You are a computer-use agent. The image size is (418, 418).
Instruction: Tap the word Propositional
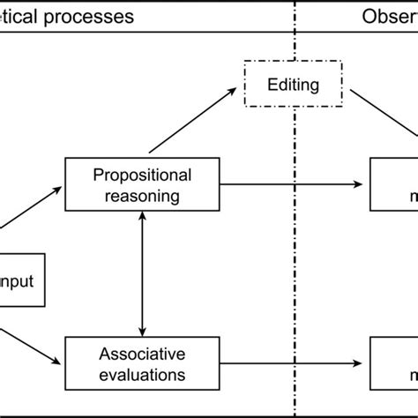tap(142, 174)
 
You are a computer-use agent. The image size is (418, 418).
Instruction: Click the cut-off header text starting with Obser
tap(388, 17)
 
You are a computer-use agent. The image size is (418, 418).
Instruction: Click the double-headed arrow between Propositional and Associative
tap(142, 273)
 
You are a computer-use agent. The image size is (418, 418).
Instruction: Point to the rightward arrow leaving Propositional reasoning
tap(291, 183)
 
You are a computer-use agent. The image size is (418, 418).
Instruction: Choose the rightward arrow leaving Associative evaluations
tap(291, 363)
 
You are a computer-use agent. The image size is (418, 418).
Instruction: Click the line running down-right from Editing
tap(384, 123)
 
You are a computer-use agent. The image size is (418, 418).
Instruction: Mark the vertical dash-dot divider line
tap(295, 265)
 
